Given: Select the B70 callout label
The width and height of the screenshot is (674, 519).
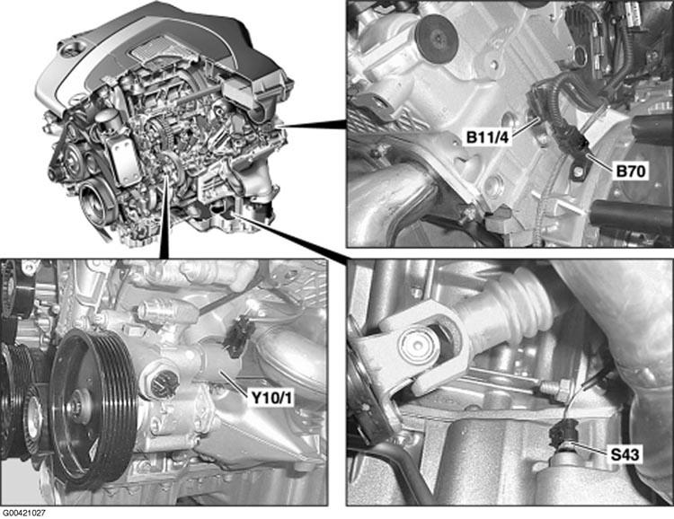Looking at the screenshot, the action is click(631, 172).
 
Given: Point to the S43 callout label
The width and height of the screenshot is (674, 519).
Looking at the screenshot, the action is click(625, 454).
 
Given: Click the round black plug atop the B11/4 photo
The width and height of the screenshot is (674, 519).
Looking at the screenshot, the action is click(435, 36).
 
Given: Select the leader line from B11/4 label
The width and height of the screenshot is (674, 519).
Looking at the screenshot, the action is click(526, 127).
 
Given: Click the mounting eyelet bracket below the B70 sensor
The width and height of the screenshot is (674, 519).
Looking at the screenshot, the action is click(577, 170).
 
